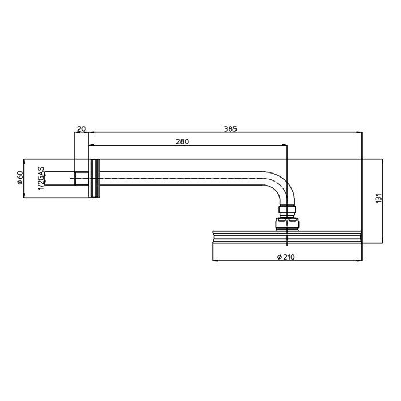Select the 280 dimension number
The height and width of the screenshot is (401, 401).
coord(183,140)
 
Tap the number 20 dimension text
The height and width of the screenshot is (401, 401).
coord(81,129)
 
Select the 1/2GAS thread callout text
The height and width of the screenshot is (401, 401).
coord(41,178)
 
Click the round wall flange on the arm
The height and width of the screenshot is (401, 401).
coord(94,178)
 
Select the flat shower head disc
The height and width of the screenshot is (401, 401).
coord(286,237)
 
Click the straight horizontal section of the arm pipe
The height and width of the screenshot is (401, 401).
coord(183,178)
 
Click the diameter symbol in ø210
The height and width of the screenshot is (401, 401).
coord(278,257)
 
